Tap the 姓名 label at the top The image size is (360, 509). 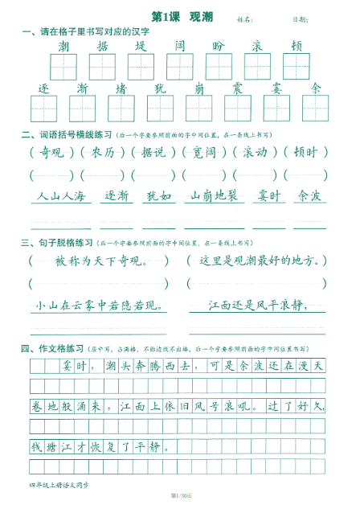245,18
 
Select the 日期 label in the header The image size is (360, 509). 301,18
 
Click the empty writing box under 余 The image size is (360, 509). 315,108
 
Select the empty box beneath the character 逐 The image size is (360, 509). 43,108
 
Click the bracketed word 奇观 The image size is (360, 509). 52,152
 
